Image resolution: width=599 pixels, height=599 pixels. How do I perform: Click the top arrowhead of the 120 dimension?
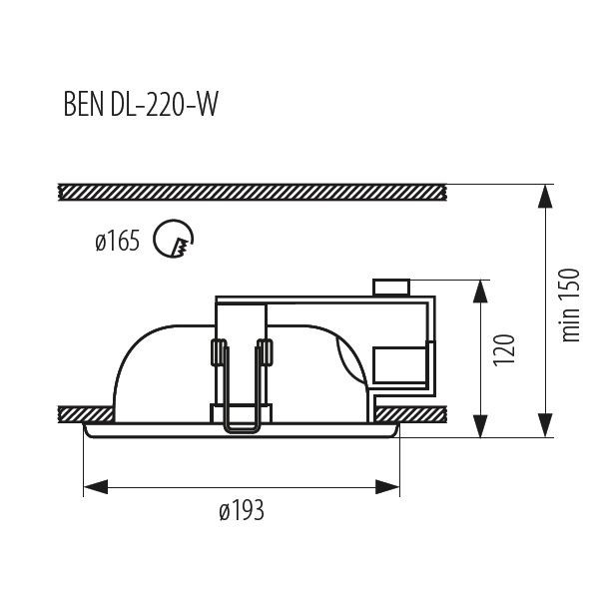481,293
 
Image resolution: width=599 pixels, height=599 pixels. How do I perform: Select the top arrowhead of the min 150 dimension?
544,196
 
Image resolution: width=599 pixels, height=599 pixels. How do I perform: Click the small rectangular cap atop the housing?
390,288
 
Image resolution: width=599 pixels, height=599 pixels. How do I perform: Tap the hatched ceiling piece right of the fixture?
419,412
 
